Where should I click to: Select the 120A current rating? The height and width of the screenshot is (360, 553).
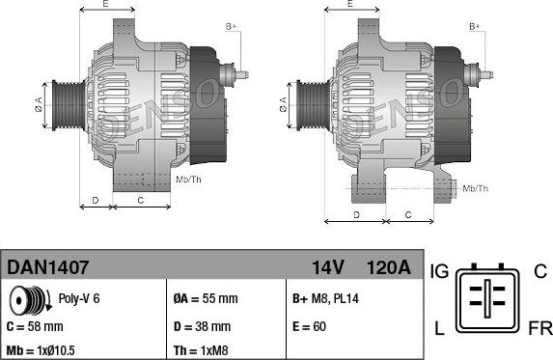pos(389,265)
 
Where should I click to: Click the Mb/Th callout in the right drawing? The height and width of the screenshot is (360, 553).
pos(475,188)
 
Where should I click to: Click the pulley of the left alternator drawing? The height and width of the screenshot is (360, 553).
pos(67,100)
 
